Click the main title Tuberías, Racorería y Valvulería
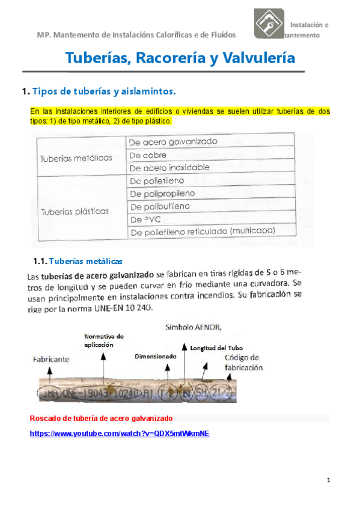179,58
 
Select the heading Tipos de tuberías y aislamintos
103,91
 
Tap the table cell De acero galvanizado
173,142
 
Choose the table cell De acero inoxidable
169,168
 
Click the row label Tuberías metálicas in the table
76,158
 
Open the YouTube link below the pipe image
120,434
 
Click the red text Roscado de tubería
101,417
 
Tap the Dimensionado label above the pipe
156,356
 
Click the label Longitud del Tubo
216,348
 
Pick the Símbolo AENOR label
189,328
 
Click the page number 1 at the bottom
329,480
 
